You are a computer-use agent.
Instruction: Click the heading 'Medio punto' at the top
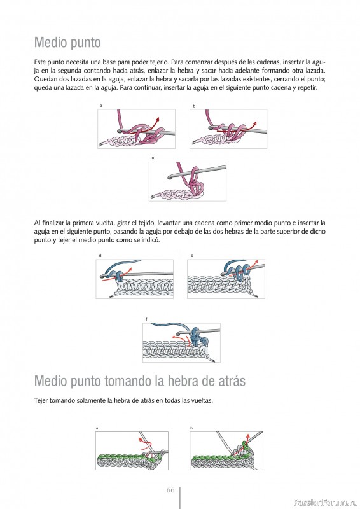(67, 43)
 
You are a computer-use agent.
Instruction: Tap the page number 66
(170, 490)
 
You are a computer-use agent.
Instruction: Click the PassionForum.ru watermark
(326, 503)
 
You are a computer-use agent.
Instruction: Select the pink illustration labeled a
(136, 129)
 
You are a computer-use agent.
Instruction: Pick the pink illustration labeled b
(228, 129)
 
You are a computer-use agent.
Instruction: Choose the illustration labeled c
(188, 181)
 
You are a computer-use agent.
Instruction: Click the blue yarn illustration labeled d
(134, 279)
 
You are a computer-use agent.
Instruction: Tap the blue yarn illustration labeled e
(226, 279)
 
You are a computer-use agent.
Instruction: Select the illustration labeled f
(181, 342)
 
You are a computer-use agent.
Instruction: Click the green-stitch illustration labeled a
(132, 450)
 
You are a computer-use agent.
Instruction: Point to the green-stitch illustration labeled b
(226, 450)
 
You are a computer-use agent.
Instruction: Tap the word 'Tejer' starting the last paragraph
(41, 401)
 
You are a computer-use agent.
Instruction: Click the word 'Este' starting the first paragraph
(40, 62)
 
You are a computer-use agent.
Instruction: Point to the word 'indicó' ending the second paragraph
(151, 241)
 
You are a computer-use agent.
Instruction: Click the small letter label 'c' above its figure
(153, 158)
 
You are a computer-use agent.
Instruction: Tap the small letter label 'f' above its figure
(146, 319)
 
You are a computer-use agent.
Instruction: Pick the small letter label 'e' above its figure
(192, 256)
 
